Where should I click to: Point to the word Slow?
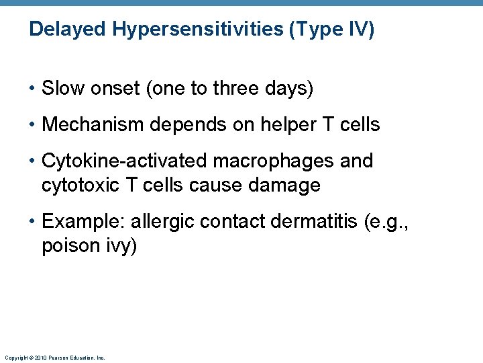point(61,89)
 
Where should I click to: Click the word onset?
point(109,89)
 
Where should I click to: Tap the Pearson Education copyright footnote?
point(54,358)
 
